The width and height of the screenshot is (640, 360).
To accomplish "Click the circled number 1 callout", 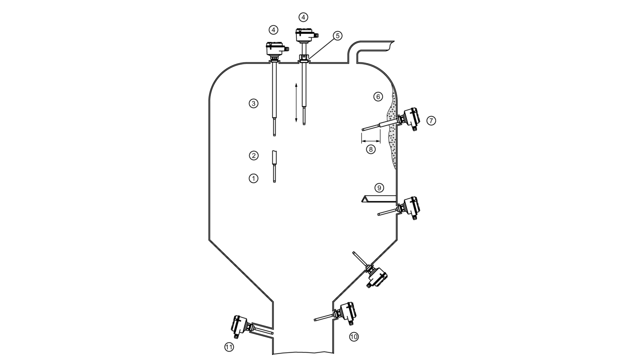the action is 253,179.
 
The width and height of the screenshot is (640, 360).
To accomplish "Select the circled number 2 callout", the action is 254,156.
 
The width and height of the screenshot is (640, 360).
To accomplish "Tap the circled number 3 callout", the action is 253,104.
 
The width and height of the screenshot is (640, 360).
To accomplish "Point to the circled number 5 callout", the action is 338,36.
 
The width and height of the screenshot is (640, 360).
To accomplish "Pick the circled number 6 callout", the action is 378,97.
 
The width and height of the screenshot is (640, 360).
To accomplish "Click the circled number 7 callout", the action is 431,121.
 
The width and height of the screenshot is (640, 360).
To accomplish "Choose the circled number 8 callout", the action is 371,149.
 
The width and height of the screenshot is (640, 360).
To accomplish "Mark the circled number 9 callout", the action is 379,188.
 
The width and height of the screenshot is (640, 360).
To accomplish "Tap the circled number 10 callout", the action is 354,337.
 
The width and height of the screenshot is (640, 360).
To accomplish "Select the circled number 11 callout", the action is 229,347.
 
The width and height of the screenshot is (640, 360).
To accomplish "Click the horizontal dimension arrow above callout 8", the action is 371,141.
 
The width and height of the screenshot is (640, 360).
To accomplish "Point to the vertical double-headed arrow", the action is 296,103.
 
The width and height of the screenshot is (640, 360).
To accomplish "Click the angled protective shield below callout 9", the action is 379,199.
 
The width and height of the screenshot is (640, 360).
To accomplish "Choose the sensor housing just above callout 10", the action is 346,313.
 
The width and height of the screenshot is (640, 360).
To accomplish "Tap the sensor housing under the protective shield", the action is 410,208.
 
